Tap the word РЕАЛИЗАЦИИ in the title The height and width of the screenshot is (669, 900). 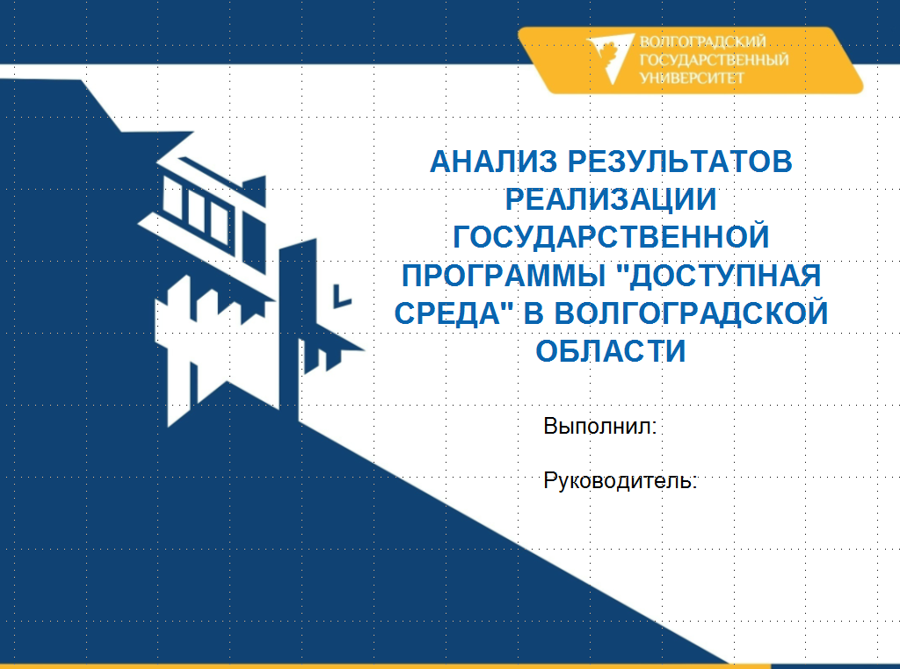click(x=611, y=199)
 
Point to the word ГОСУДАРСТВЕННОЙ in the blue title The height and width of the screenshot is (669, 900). click(x=611, y=237)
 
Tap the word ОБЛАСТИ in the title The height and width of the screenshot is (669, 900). click(x=611, y=351)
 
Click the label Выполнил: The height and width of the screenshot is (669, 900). click(x=601, y=428)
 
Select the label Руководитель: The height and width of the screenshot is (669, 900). click(x=621, y=481)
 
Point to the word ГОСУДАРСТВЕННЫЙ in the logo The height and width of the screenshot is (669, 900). click(x=715, y=60)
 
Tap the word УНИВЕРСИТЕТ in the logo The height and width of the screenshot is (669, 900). click(x=693, y=77)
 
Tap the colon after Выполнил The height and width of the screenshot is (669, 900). click(x=656, y=429)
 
